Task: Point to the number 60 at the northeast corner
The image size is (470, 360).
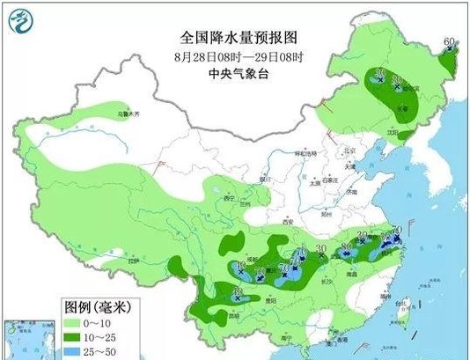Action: pyautogui.click(x=449, y=42)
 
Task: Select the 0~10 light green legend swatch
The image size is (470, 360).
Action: pyautogui.click(x=80, y=321)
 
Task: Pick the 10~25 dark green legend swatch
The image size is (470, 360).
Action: pyautogui.click(x=80, y=336)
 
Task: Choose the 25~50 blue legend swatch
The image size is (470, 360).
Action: pyautogui.click(x=80, y=351)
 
